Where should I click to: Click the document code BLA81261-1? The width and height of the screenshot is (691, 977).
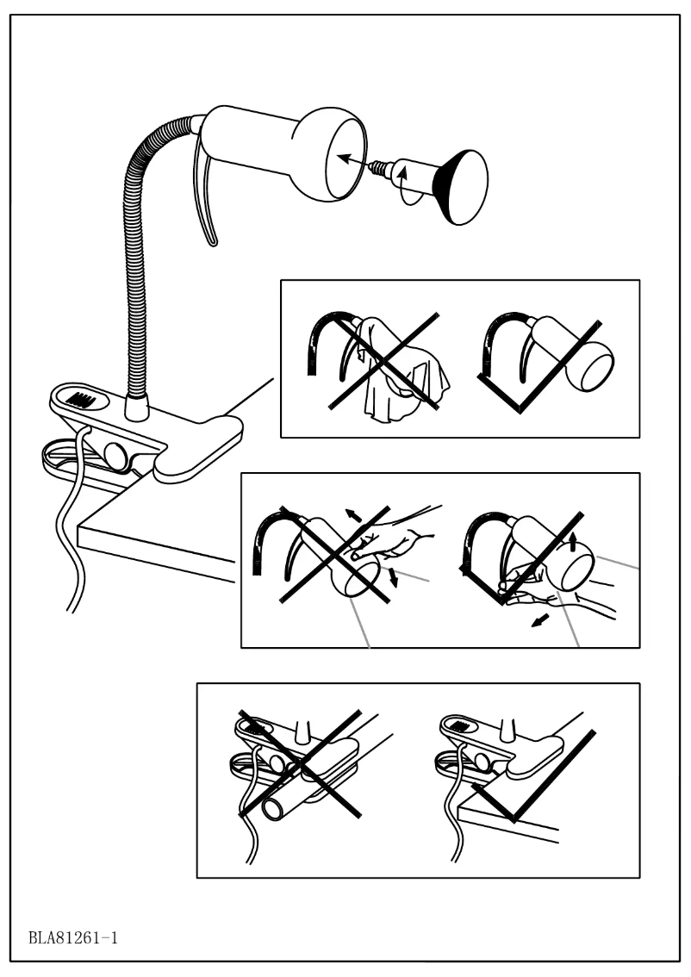pos(72,936)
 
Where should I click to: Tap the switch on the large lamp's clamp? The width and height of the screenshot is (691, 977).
pos(80,401)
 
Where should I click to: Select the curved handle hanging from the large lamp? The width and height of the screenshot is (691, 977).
pos(207,190)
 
